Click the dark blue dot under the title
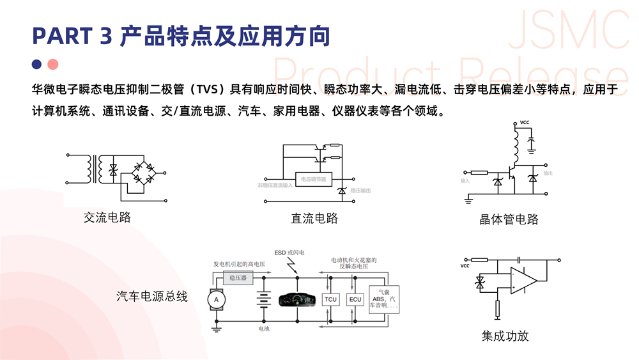tap(37, 64)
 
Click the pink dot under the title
tap(53, 64)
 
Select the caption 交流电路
tap(107, 217)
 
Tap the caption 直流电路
tap(314, 218)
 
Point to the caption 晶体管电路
tap(509, 219)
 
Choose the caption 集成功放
tap(505, 336)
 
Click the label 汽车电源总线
tap(152, 296)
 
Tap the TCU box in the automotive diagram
tap(330, 299)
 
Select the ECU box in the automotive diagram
tap(355, 299)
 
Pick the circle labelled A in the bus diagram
tap(216, 299)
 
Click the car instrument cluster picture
tap(297, 299)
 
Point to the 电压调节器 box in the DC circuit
tap(314, 180)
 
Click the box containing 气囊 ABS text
tap(384, 298)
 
